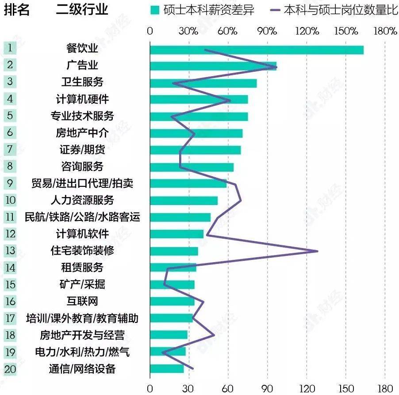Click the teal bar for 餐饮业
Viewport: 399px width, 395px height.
(257, 50)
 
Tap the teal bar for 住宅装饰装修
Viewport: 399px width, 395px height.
(174, 251)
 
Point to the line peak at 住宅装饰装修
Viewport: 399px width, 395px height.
(317, 251)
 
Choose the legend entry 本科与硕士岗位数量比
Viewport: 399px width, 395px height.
(334, 10)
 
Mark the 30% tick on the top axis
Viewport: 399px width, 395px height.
(189, 31)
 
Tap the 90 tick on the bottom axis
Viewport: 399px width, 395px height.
(267, 388)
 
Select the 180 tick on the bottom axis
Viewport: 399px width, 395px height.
(385, 388)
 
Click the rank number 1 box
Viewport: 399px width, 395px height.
(10, 48)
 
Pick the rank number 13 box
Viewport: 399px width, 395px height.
(10, 251)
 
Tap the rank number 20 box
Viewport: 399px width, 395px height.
(10, 368)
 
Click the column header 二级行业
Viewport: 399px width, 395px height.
(82, 10)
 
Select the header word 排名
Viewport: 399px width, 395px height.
(17, 10)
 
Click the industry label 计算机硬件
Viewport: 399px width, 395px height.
(82, 99)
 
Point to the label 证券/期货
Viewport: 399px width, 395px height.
(82, 150)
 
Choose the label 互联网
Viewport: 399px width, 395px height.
(82, 302)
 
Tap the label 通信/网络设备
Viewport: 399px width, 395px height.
(82, 368)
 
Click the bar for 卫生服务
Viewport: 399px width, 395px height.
(203, 83)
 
